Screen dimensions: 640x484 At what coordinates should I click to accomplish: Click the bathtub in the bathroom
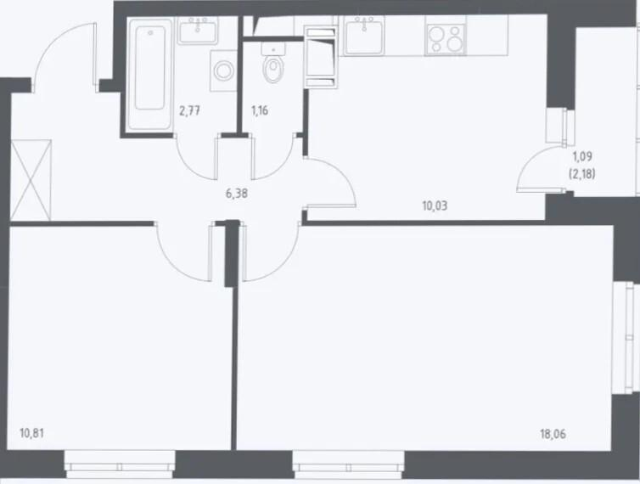coord(149,74)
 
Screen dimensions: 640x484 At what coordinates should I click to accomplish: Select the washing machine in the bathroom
coord(223,70)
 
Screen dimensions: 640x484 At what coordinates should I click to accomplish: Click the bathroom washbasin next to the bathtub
coord(198,31)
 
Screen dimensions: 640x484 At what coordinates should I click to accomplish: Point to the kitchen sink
coord(364,36)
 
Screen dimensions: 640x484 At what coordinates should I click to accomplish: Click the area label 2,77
coord(190,110)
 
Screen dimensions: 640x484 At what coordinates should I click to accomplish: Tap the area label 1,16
coord(260,110)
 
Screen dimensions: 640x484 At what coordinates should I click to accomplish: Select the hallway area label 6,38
coord(237,194)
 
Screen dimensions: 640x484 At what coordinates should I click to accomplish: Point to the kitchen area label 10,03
coord(435,205)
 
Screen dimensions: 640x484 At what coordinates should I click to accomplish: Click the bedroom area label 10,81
coord(32,433)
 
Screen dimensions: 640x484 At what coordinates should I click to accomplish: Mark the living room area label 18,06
coord(553,434)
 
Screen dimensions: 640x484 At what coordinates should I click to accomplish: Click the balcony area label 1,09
coord(582,156)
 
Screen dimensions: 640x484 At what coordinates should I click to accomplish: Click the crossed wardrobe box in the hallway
coord(31,180)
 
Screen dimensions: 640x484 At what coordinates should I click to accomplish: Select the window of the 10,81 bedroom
coord(120,464)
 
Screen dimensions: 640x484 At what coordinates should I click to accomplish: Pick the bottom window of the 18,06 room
coord(349,464)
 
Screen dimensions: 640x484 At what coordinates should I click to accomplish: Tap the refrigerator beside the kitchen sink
coord(322,57)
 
